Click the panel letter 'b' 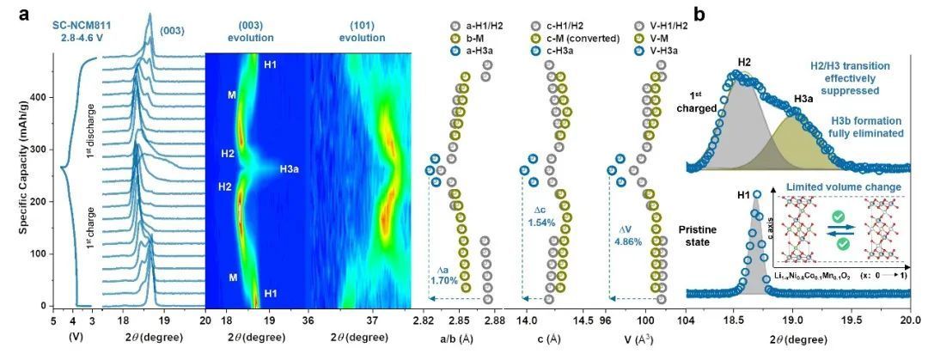click(x=699, y=13)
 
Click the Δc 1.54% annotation click(x=546, y=216)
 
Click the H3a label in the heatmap click(x=290, y=169)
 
